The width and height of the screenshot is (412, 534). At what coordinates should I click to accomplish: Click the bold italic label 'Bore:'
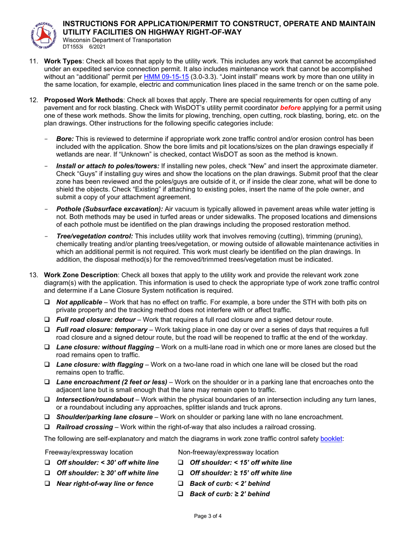click(x=65, y=138)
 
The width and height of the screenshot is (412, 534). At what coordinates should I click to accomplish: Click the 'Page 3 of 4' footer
click(x=206, y=516)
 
